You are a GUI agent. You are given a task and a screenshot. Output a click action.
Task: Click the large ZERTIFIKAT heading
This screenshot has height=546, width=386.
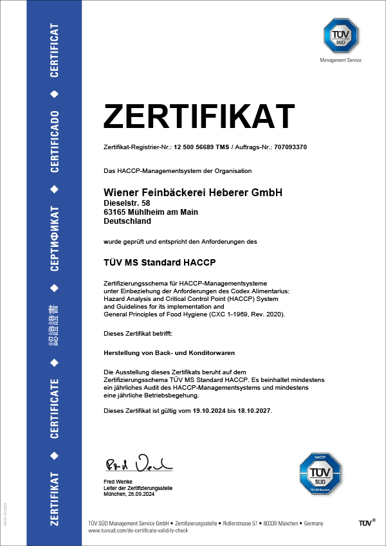(x=199, y=116)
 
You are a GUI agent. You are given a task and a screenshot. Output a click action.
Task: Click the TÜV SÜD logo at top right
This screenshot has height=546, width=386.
(x=340, y=37)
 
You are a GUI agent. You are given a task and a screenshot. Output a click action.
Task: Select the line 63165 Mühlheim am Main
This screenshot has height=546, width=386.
(x=151, y=212)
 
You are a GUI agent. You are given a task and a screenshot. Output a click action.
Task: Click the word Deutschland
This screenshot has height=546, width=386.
(x=127, y=221)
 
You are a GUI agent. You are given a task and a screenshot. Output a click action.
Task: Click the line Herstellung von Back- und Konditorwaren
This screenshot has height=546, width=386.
(x=169, y=353)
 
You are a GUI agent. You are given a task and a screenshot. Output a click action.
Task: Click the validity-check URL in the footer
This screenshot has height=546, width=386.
(x=138, y=532)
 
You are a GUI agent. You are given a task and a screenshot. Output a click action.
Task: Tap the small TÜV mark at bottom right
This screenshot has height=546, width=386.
(x=367, y=524)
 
